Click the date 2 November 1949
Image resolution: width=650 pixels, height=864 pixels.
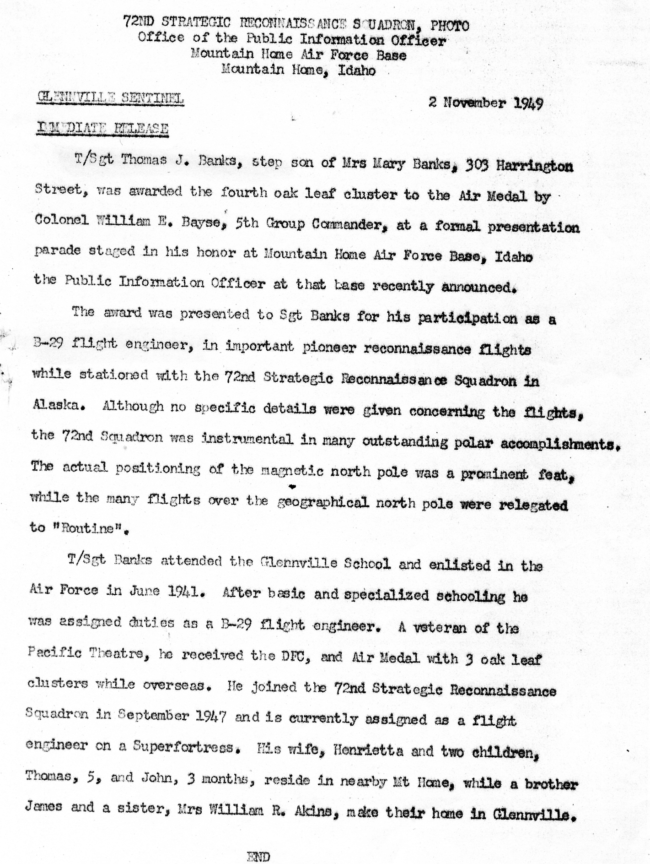coord(485,103)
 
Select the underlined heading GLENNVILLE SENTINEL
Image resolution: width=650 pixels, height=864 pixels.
coord(110,98)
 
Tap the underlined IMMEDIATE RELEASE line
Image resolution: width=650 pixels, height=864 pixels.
coord(102,129)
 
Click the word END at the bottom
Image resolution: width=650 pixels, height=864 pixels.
coord(258,856)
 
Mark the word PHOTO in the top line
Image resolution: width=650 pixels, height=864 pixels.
coord(450,26)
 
